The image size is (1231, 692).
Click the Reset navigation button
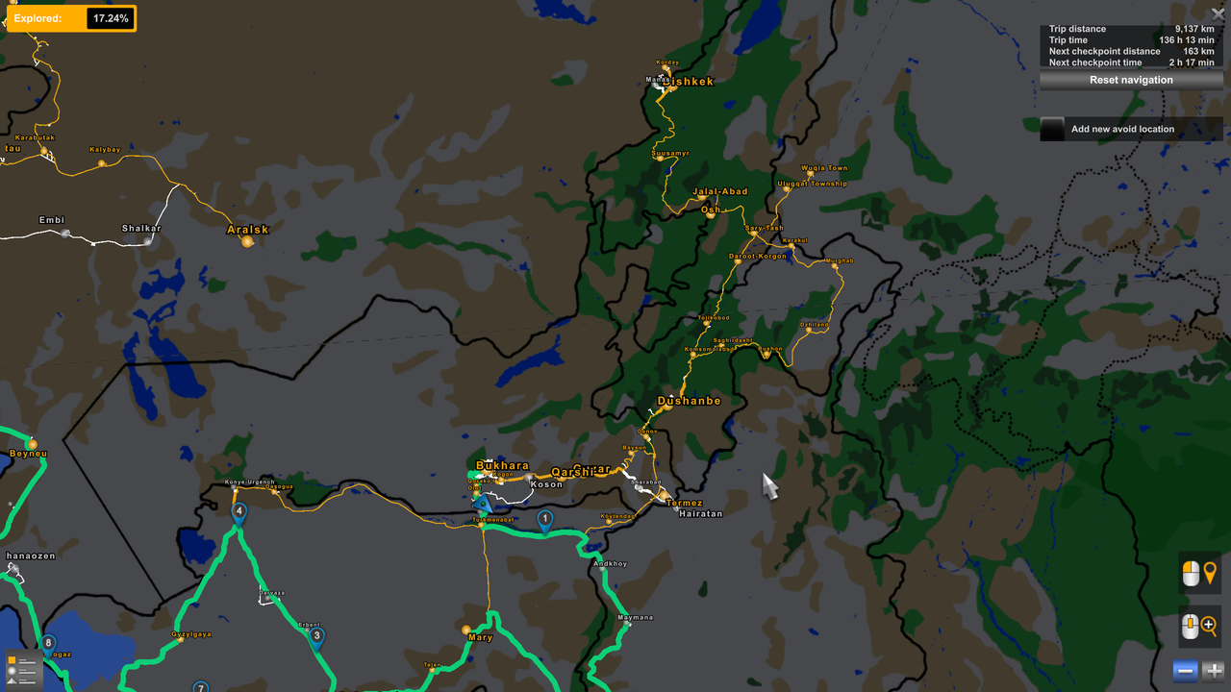pyautogui.click(x=1131, y=80)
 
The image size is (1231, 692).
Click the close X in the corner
pyautogui.click(x=1218, y=14)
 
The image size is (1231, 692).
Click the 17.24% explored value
pyautogui.click(x=111, y=18)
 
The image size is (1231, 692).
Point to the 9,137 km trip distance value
pyautogui.click(x=1194, y=29)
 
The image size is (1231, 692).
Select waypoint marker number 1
pyautogui.click(x=544, y=520)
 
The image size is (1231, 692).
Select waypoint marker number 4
pyautogui.click(x=239, y=511)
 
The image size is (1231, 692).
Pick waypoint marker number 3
pyautogui.click(x=316, y=635)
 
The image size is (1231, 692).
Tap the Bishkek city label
pyautogui.click(x=689, y=82)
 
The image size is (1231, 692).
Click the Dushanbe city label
pyautogui.click(x=689, y=401)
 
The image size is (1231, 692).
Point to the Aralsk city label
pyautogui.click(x=247, y=230)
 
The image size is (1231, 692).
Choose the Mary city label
pyautogui.click(x=480, y=637)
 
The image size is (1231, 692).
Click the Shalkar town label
pyautogui.click(x=141, y=229)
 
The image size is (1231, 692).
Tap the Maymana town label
pyautogui.click(x=635, y=617)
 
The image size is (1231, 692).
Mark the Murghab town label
pyautogui.click(x=841, y=260)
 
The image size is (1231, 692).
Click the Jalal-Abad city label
pyautogui.click(x=719, y=191)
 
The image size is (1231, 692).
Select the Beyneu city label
pyautogui.click(x=28, y=454)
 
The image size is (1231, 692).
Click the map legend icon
pyautogui.click(x=21, y=669)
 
